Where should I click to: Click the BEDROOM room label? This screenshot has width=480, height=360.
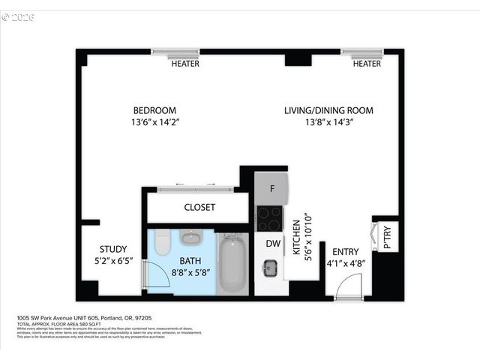point(155,110)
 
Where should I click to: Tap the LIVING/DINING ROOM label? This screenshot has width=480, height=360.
point(328,110)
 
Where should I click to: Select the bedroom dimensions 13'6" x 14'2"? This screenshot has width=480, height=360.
point(155,121)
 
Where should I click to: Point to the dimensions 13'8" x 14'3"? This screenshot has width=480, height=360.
point(328,121)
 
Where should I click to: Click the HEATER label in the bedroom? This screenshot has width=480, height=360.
point(185,64)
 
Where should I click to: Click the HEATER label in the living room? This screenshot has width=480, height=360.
point(367,64)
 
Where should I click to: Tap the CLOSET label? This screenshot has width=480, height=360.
point(199,207)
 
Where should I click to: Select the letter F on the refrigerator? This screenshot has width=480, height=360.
point(271,189)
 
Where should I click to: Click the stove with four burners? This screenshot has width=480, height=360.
point(270,218)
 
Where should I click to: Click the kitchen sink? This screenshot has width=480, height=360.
point(270,266)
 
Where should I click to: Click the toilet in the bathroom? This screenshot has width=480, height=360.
point(163,244)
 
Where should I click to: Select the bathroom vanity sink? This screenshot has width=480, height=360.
point(191,238)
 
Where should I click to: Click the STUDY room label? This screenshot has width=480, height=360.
point(113,250)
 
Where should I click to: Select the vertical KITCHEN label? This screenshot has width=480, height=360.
point(297,238)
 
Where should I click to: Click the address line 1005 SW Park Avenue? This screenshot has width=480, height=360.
point(82,318)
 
